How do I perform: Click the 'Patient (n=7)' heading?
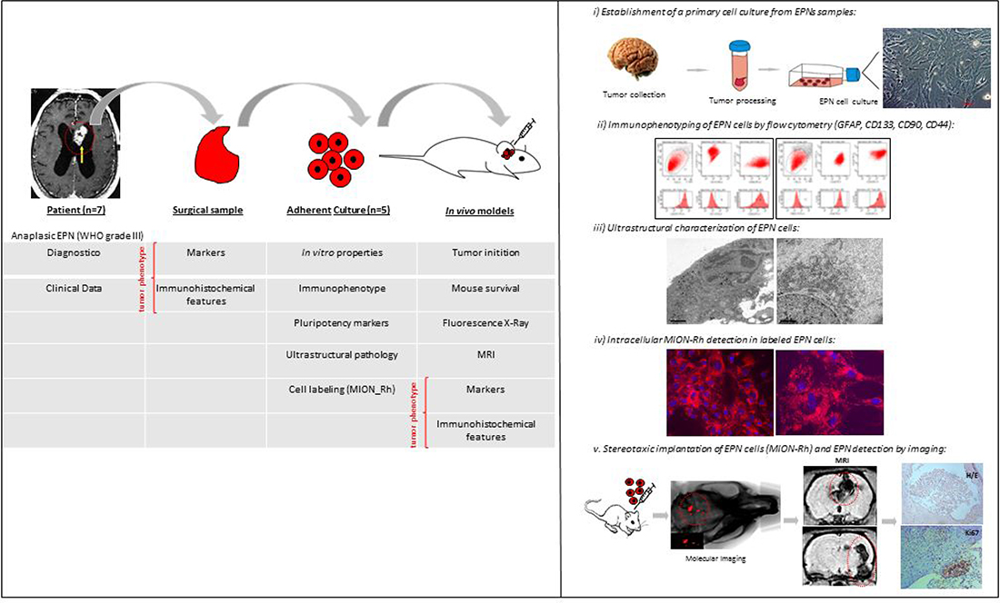(x=75, y=211)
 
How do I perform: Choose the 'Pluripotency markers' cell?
(x=341, y=322)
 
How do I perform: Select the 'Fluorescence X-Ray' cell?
(x=485, y=322)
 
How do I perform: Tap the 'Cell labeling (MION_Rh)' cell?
(x=341, y=389)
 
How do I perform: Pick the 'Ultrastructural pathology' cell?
(x=341, y=354)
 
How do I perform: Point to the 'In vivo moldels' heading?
(x=485, y=211)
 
